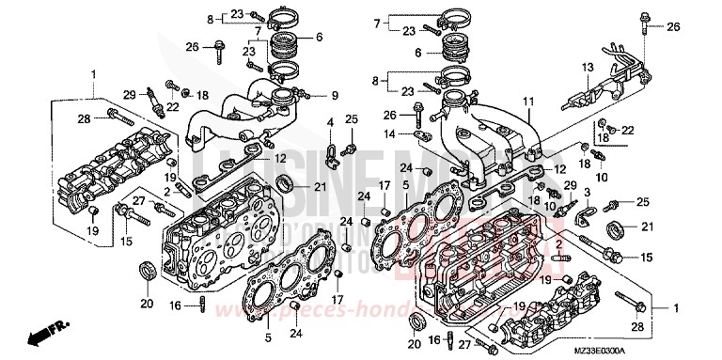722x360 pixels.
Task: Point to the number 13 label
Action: point(586,67)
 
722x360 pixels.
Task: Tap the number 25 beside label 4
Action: point(351,118)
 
